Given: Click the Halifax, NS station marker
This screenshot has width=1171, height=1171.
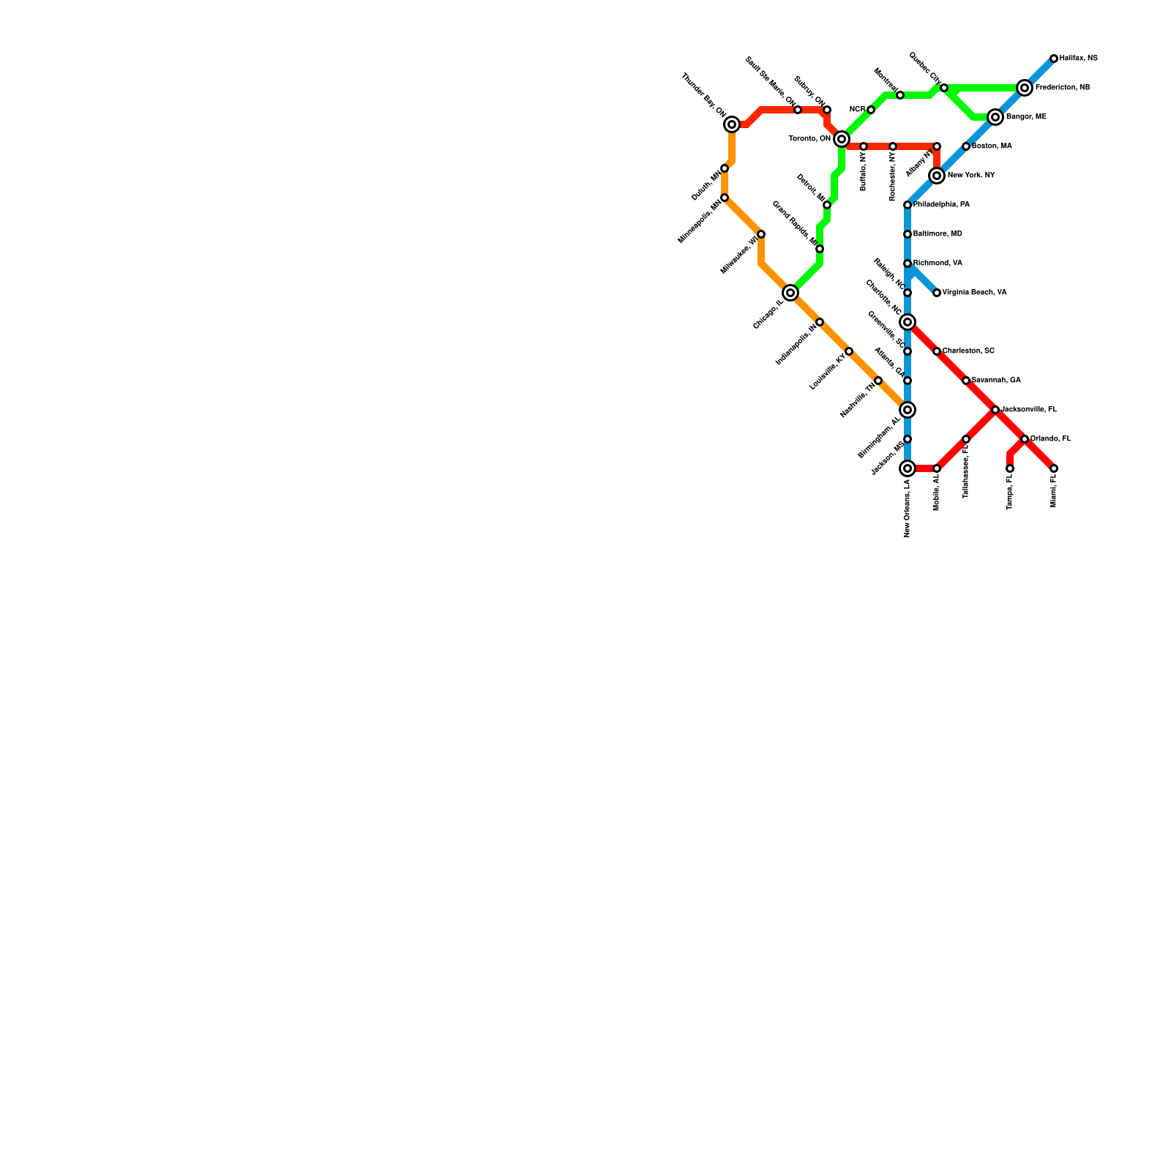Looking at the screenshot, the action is (1054, 59).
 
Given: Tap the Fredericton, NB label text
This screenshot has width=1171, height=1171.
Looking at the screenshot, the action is (1062, 88).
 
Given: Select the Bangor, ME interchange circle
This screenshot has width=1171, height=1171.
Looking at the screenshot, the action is (995, 117).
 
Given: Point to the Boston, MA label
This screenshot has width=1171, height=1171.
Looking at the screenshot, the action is (992, 146).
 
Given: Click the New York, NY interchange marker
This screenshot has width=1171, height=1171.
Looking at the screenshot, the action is (937, 176).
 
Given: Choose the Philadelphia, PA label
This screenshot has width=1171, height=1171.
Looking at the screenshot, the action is (941, 205).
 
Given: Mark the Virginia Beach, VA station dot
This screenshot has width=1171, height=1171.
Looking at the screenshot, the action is (937, 293).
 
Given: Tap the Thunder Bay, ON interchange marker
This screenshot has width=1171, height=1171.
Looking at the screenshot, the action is (732, 124).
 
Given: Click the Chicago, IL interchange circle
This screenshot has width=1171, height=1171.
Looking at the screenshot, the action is (790, 293).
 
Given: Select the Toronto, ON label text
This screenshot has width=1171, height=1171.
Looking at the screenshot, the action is (809, 139).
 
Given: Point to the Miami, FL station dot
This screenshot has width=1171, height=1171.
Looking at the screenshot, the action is (1054, 468).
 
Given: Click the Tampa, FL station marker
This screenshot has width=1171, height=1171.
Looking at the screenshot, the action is (1010, 468).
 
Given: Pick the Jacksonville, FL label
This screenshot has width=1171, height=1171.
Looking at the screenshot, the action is (1029, 410).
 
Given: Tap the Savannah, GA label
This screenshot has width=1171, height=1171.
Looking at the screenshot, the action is (995, 381).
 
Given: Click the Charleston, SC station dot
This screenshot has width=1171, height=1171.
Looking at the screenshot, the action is (937, 351).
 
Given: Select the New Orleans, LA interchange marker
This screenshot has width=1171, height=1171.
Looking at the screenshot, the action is (908, 468).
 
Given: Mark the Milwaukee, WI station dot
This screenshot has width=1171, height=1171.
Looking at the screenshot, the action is (761, 234).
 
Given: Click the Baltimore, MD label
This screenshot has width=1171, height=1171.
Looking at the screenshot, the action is (938, 234).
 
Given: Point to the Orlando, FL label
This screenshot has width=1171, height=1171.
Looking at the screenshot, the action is (1050, 439).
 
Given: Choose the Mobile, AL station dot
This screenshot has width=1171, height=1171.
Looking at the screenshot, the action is (937, 468).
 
